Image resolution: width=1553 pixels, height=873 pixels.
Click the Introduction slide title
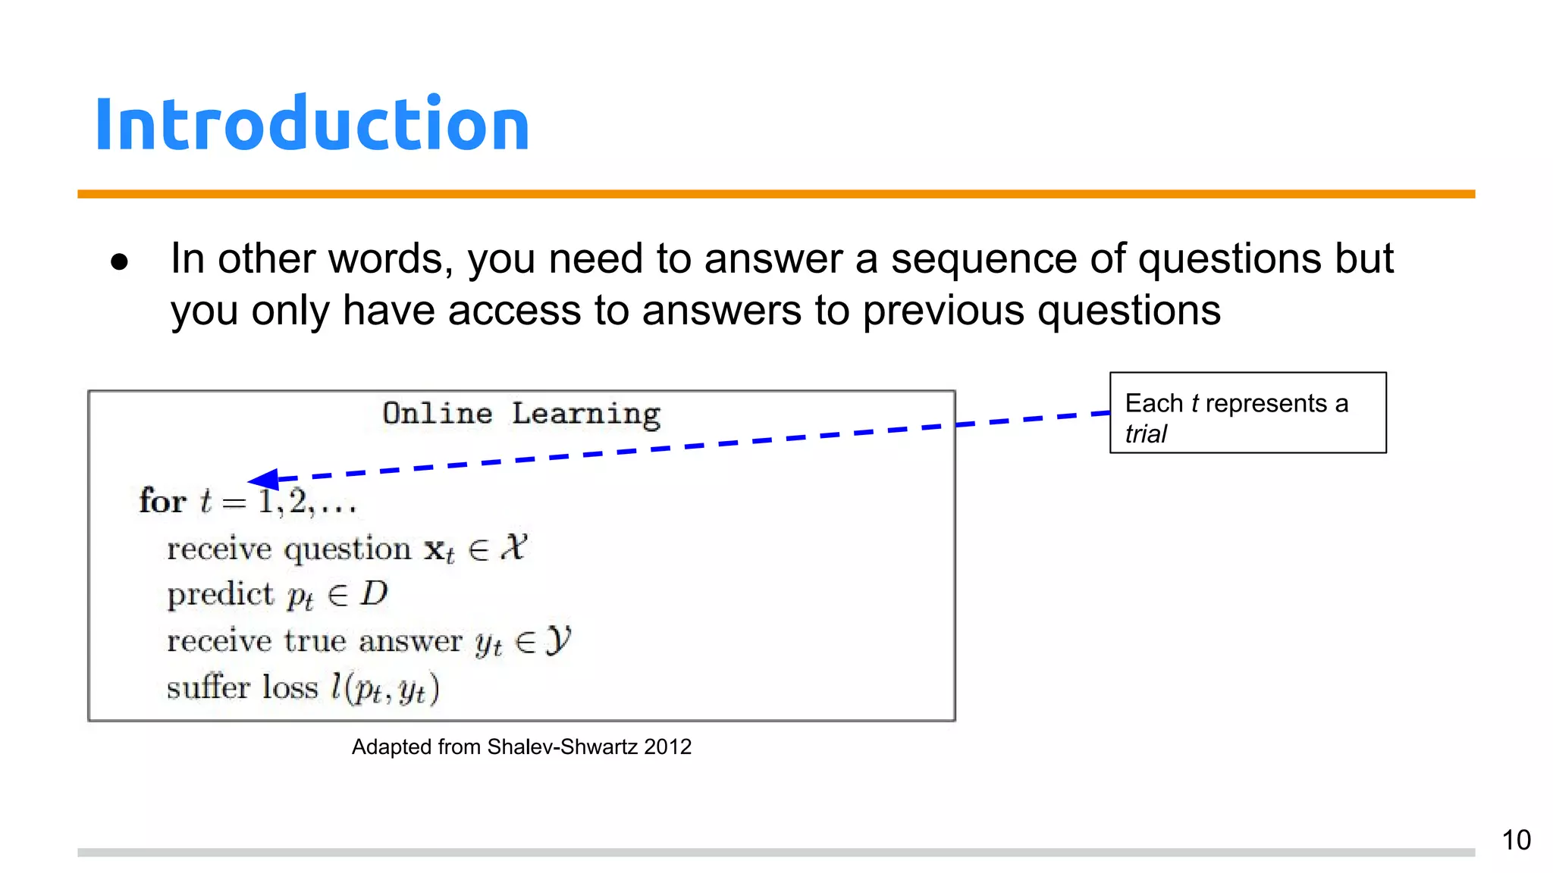tap(312, 124)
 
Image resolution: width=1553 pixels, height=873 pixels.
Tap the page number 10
tap(1516, 840)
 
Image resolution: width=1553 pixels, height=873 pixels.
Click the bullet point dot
tap(119, 262)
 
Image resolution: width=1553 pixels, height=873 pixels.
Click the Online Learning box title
tap(521, 415)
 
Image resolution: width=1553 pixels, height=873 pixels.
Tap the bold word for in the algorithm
tap(162, 502)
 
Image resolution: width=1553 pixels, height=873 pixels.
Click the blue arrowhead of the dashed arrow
tap(263, 479)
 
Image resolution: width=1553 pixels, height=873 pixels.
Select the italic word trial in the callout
tap(1145, 434)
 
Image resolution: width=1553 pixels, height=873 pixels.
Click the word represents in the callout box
tap(1266, 403)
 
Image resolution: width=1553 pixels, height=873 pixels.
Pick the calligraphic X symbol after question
tap(513, 547)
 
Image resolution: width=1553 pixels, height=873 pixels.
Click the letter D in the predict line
tap(374, 593)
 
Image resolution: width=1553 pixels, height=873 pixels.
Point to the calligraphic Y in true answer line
tap(557, 641)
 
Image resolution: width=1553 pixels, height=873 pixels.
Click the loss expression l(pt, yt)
tap(384, 688)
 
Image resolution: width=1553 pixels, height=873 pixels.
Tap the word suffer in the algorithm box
tap(208, 687)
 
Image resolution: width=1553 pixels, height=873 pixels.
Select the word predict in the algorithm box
tap(220, 595)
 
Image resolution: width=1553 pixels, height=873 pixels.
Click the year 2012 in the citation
tap(667, 747)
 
